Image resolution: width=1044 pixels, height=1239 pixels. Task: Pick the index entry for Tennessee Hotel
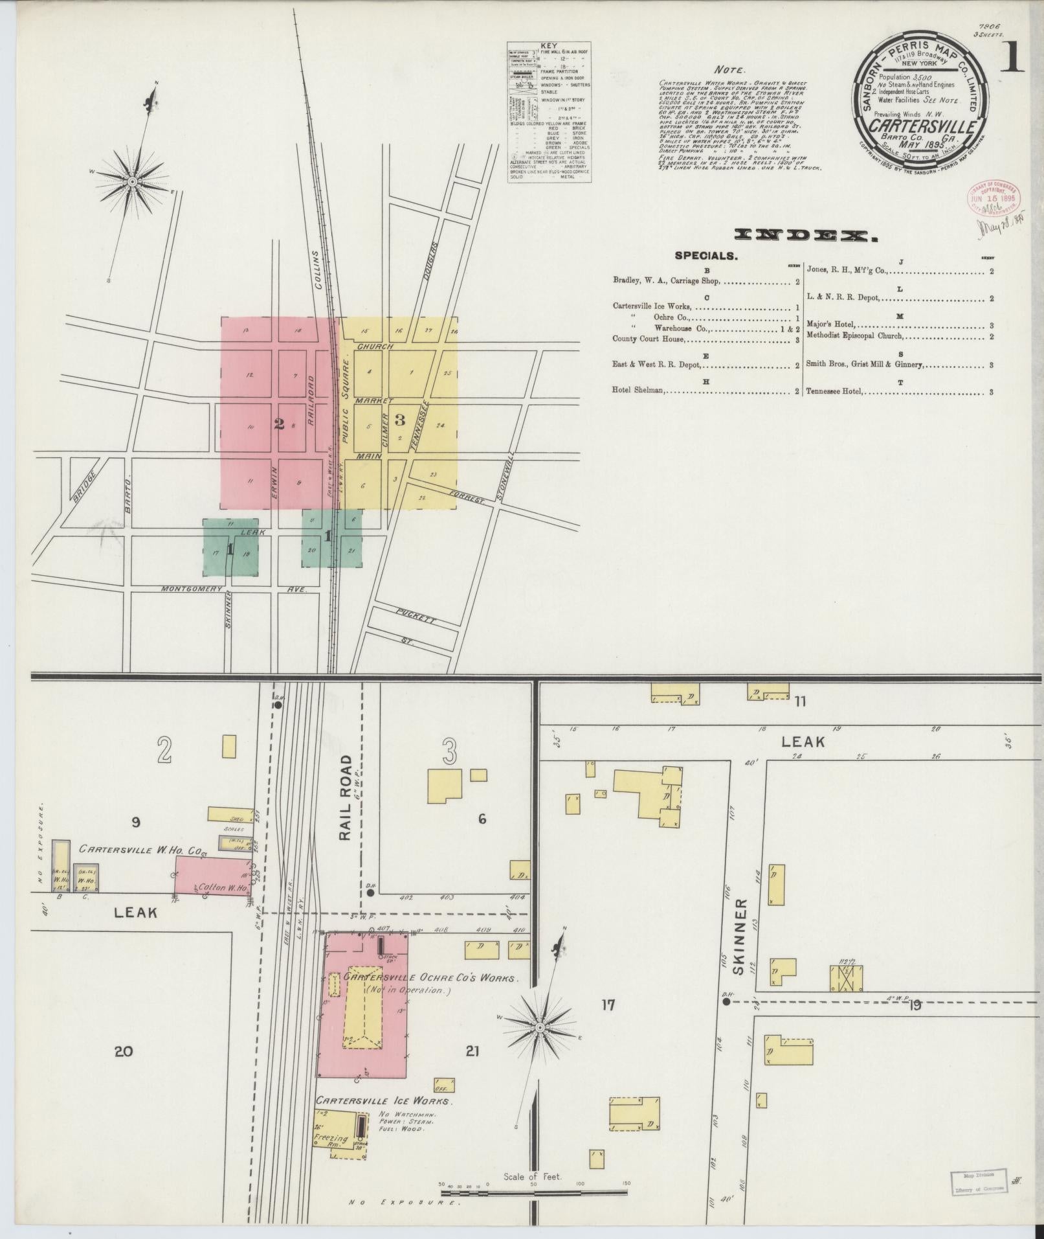[834, 392]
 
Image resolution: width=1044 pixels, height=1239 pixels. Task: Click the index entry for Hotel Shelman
[641, 391]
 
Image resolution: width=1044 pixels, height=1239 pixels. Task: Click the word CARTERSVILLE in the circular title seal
[922, 125]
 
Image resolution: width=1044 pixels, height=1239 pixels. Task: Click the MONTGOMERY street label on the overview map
[192, 589]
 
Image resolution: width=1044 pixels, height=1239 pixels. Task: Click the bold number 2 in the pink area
[279, 424]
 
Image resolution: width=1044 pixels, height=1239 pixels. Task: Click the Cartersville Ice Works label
[384, 1100]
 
